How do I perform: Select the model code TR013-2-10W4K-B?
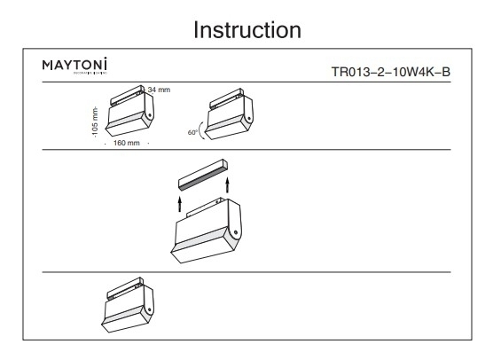click(x=391, y=74)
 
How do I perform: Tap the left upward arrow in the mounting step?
click(x=181, y=202)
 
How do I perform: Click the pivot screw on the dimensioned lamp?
click(x=150, y=114)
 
